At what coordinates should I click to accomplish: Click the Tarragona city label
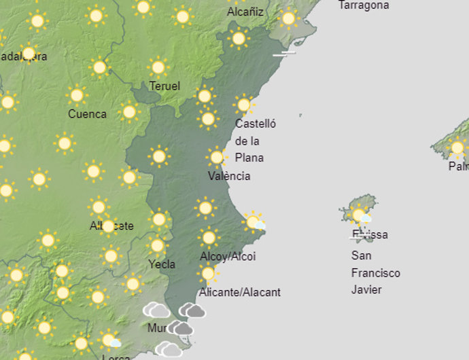(364, 5)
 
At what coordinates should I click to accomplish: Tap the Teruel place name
(164, 86)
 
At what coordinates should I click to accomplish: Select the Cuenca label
(87, 114)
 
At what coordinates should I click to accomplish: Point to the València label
(229, 176)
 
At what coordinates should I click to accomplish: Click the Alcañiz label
(245, 12)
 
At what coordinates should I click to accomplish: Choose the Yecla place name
(162, 264)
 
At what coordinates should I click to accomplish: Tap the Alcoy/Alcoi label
(228, 257)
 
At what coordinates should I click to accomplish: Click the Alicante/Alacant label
(239, 292)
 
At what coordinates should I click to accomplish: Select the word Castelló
(256, 124)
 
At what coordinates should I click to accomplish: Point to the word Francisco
(375, 273)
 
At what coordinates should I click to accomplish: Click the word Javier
(366, 290)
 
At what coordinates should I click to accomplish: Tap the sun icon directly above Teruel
(158, 67)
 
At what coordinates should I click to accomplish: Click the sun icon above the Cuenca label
(76, 94)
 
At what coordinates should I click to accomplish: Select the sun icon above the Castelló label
(243, 105)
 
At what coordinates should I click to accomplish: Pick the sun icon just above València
(216, 158)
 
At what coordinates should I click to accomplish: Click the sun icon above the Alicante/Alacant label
(208, 274)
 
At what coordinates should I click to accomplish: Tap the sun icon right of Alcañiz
(288, 18)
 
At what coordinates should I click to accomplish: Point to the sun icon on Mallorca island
(457, 147)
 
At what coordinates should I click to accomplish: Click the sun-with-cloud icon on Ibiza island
(360, 216)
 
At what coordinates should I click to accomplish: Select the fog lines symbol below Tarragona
(284, 52)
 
